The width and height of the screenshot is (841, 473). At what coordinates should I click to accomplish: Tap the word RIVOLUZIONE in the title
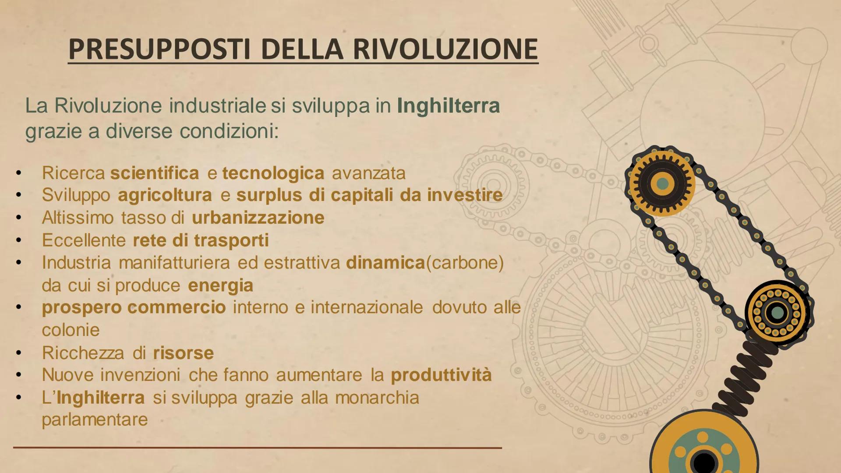point(445,49)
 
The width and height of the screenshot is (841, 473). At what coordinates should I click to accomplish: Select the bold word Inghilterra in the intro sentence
point(448,106)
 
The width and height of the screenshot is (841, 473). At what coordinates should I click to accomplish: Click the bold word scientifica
point(154,173)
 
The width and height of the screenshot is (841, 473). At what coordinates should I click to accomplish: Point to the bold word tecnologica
point(273,173)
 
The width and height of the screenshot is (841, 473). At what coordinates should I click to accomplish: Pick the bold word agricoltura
point(165,195)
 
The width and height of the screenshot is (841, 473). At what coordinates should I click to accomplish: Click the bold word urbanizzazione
point(258,218)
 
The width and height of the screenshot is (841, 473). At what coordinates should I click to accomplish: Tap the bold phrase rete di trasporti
point(201,240)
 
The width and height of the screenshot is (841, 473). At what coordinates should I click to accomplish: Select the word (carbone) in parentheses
point(465,263)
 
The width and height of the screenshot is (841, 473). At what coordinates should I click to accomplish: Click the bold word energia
point(220,286)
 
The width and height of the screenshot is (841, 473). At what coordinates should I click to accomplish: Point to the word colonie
point(71,330)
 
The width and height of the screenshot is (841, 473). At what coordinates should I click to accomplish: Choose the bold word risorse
point(183,353)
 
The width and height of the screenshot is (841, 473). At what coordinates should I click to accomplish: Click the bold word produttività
point(441,375)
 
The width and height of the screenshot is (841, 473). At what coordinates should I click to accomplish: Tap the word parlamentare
point(95,420)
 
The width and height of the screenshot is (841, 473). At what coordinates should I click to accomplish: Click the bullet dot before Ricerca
point(18,173)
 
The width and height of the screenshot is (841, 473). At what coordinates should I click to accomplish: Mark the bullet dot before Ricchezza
point(18,353)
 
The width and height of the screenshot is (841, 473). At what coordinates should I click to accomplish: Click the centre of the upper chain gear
point(662,183)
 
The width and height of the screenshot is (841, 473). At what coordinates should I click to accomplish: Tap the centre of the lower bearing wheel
point(777,312)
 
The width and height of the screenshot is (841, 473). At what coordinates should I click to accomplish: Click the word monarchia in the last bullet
point(377,398)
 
